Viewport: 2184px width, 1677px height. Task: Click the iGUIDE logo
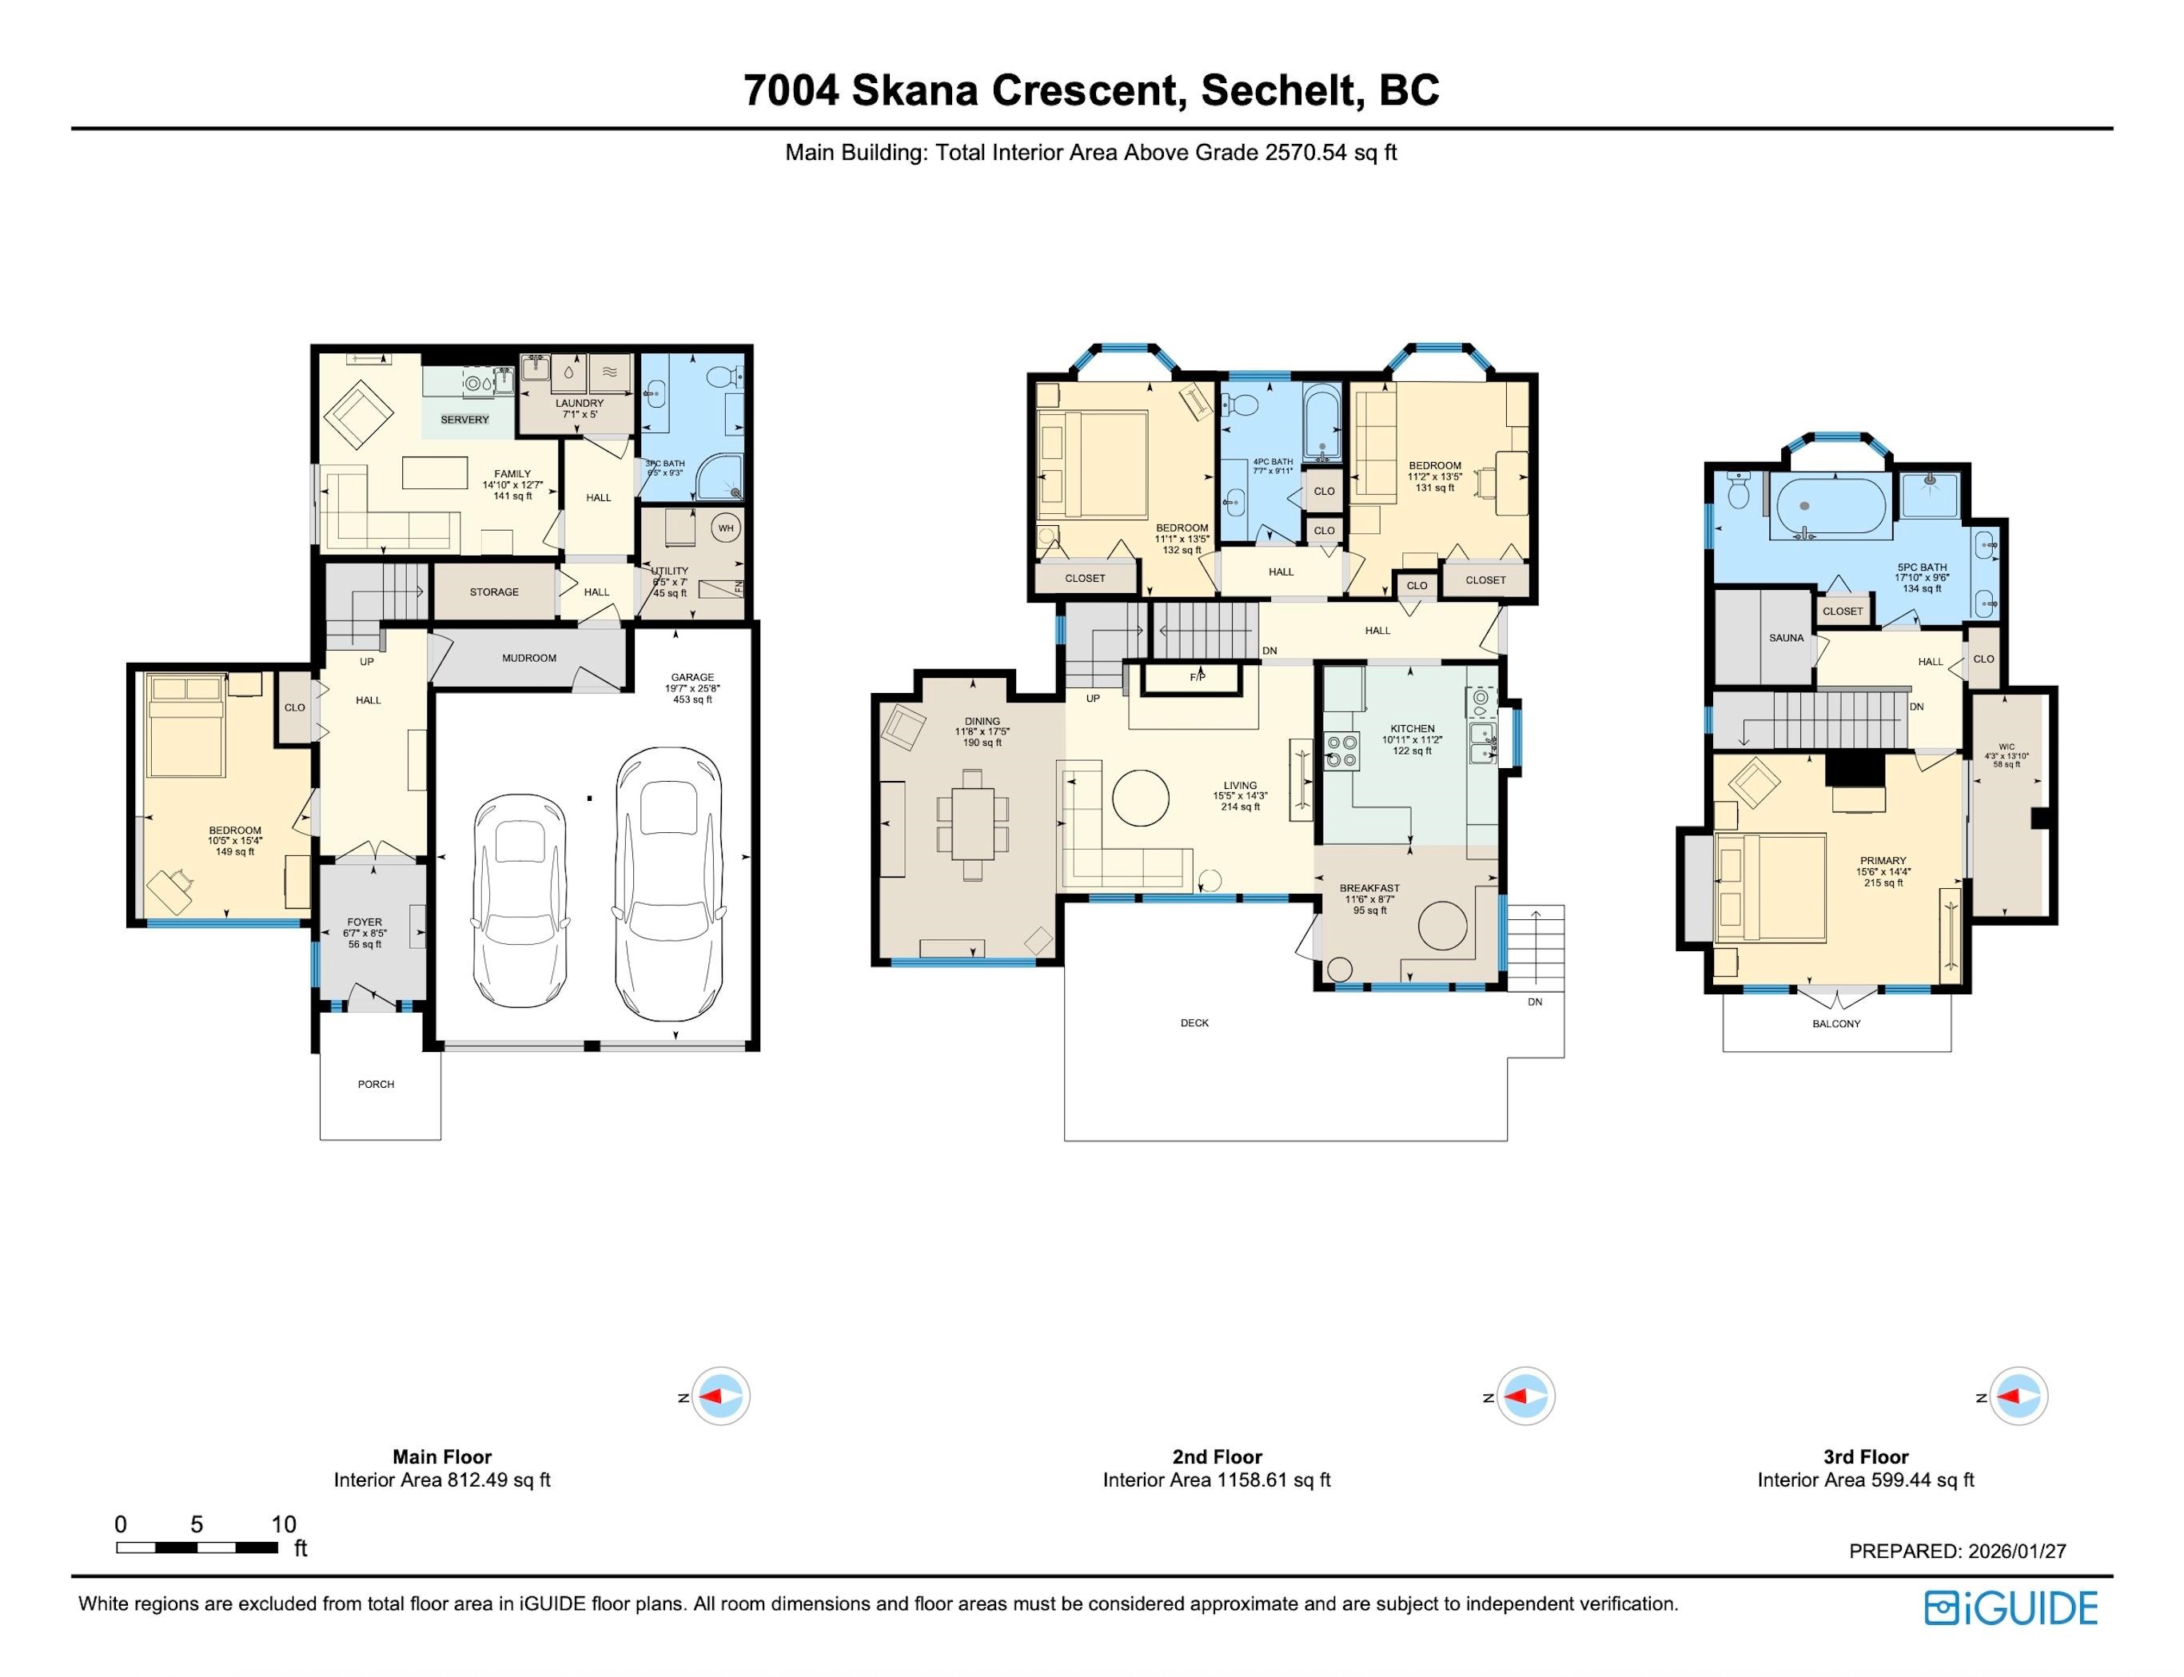pyautogui.click(x=2011, y=1608)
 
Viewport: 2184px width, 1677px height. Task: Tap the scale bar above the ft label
pyautogui.click(x=197, y=1548)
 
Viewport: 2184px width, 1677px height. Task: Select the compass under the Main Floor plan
pyautogui.click(x=719, y=1396)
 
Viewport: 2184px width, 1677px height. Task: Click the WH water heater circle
pyautogui.click(x=726, y=528)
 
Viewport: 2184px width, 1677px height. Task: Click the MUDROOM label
pyautogui.click(x=529, y=658)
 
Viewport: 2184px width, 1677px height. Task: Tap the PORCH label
pyautogui.click(x=377, y=1084)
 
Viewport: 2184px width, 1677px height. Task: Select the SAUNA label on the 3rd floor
pyautogui.click(x=1787, y=638)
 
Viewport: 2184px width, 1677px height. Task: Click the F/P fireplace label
pyautogui.click(x=1198, y=677)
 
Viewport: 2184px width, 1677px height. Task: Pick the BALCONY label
pyautogui.click(x=1836, y=1023)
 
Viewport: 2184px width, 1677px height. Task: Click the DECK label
pyautogui.click(x=1195, y=1022)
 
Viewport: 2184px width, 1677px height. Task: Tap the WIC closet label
pyautogui.click(x=2007, y=746)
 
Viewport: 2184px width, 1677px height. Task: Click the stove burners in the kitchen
pyautogui.click(x=1341, y=750)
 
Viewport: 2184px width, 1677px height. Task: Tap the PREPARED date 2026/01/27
pyautogui.click(x=2016, y=1552)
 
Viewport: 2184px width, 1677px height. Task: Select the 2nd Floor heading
pyautogui.click(x=1217, y=1456)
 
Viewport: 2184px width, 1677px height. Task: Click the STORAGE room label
pyautogui.click(x=494, y=592)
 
